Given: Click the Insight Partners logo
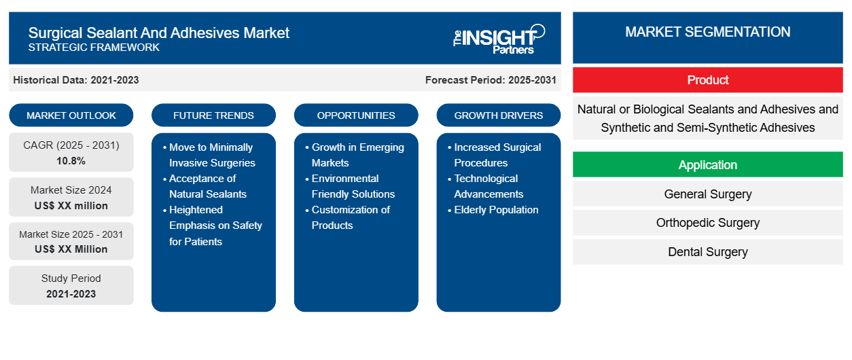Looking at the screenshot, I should [x=499, y=38].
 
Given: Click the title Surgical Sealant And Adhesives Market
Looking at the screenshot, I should [x=159, y=33].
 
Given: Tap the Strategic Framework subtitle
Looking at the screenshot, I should [x=94, y=48].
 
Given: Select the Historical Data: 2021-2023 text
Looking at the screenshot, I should [x=76, y=80].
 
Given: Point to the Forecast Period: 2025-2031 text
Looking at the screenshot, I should [x=491, y=80].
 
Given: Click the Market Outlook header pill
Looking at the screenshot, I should [x=71, y=115].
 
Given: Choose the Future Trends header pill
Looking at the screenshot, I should [x=213, y=115].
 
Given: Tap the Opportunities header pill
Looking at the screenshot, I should [x=356, y=115].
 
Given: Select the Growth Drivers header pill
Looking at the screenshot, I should [x=499, y=115].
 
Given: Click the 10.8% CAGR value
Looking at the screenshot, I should [x=71, y=161].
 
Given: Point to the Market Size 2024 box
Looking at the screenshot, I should [x=71, y=198].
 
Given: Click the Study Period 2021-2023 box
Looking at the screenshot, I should [x=71, y=286].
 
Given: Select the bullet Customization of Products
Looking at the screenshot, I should [x=351, y=217].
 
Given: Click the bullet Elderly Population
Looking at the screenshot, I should [x=496, y=210].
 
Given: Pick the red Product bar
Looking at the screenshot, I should [x=707, y=80].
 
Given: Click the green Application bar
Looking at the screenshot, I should [x=707, y=165].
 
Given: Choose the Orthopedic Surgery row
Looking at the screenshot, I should [x=707, y=223].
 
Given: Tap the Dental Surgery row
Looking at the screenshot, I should [x=707, y=252].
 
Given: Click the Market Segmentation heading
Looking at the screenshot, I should [x=707, y=32].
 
